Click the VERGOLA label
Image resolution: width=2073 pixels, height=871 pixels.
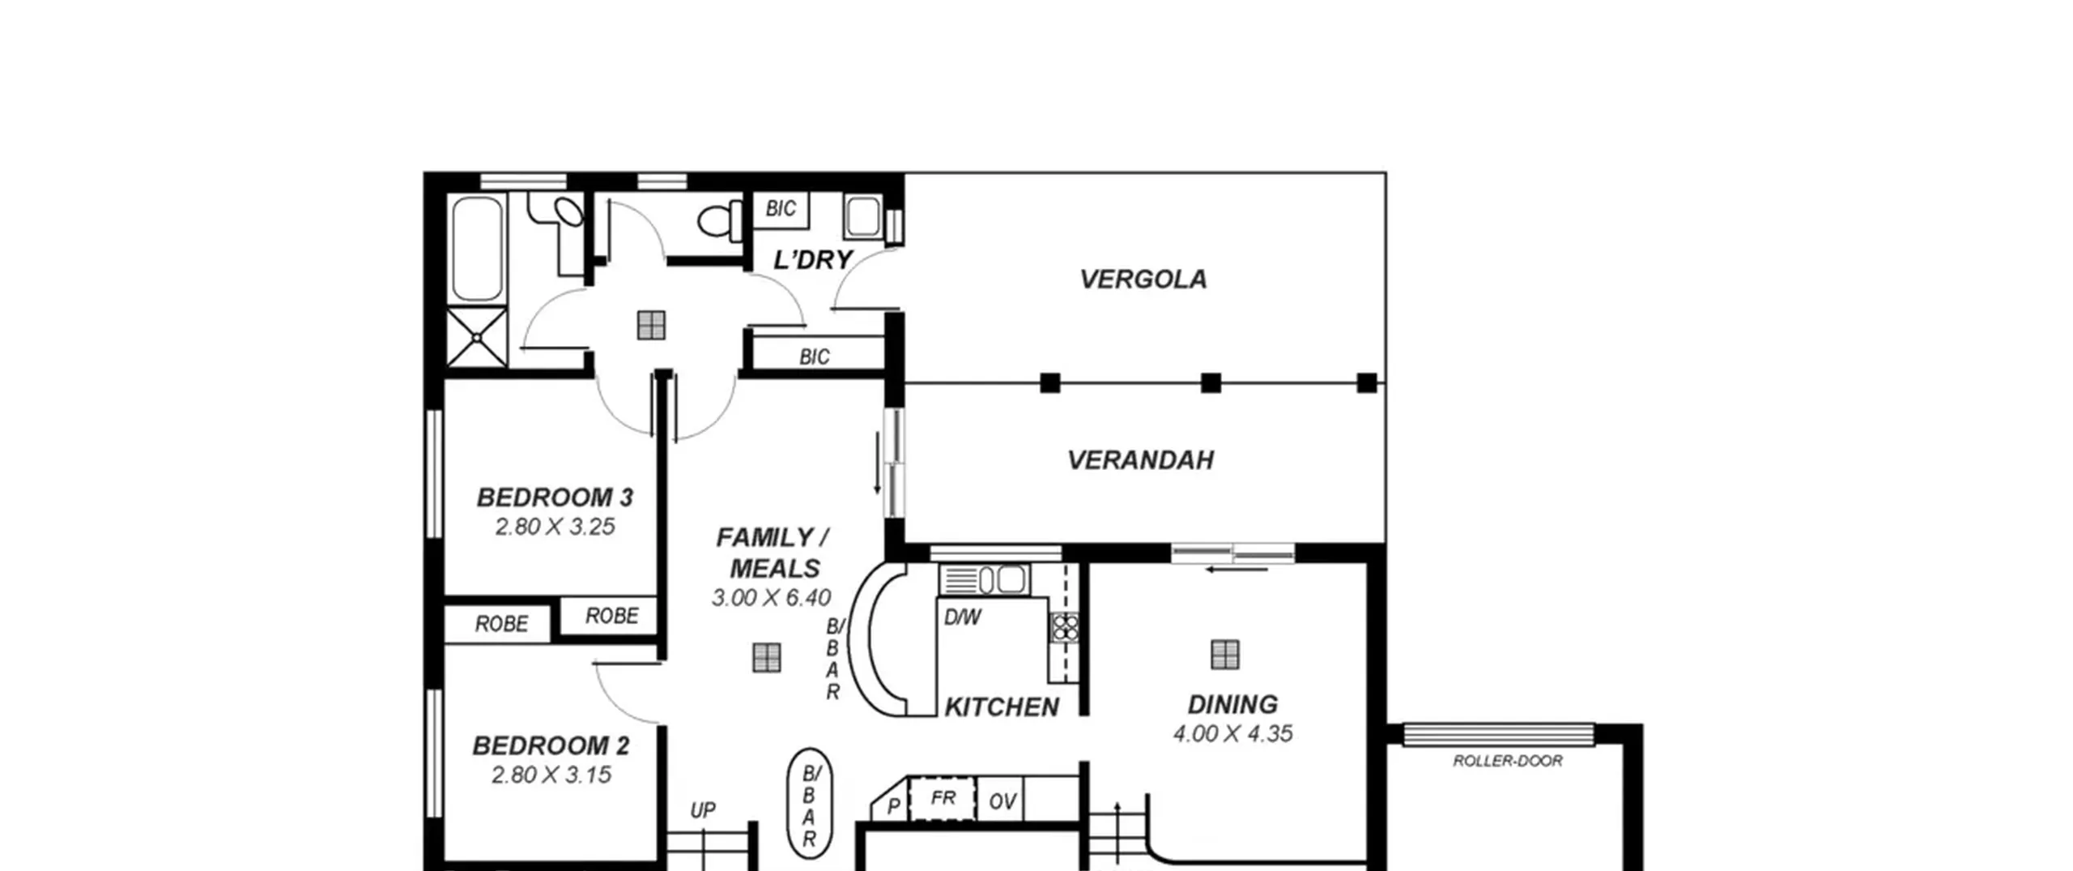1143,279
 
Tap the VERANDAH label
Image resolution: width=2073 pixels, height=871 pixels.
1140,460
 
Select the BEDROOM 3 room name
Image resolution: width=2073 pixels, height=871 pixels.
555,497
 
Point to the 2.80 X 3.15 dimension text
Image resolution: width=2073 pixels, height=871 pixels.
551,775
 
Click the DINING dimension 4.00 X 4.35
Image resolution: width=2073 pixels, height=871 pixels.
1232,733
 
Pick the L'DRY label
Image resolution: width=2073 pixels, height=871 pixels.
813,260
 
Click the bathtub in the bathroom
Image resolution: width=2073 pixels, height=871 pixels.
476,249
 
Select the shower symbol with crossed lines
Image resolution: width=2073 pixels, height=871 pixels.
477,337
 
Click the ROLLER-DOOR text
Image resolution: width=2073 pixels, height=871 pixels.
1507,761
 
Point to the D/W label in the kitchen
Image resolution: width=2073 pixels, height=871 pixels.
962,617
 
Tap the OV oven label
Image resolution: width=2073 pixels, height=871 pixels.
1002,801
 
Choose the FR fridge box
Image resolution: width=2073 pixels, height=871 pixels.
943,799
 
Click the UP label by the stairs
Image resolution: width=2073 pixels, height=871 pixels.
702,810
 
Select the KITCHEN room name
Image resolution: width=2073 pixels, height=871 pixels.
1002,707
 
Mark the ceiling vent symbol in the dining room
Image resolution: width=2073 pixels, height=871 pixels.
1224,655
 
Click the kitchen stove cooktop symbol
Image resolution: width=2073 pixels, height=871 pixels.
1064,628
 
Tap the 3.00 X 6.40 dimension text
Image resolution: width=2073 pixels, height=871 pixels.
771,598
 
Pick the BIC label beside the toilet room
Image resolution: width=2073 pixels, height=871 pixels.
781,209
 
